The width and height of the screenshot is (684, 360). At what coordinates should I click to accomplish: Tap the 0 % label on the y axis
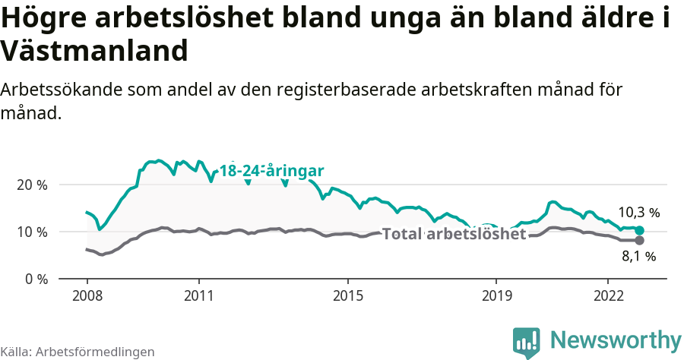(35, 279)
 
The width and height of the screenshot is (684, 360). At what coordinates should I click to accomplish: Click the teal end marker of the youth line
(639, 230)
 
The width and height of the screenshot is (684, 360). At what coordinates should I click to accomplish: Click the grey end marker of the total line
(639, 240)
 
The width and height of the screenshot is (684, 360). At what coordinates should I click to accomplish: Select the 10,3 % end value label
(638, 213)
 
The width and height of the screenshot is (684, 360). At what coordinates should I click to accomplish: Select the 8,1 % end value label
(638, 257)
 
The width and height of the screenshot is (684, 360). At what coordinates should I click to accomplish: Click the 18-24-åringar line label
(272, 171)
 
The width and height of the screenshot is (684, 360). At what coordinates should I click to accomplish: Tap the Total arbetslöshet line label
(454, 234)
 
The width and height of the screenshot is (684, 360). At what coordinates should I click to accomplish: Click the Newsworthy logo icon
(527, 343)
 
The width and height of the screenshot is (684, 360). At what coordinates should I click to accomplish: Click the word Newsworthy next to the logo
(616, 340)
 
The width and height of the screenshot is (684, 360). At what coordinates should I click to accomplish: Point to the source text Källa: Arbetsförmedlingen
(78, 352)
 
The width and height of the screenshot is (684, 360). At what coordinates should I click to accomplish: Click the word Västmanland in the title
(94, 51)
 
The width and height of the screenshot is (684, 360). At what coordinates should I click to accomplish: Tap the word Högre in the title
(43, 18)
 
